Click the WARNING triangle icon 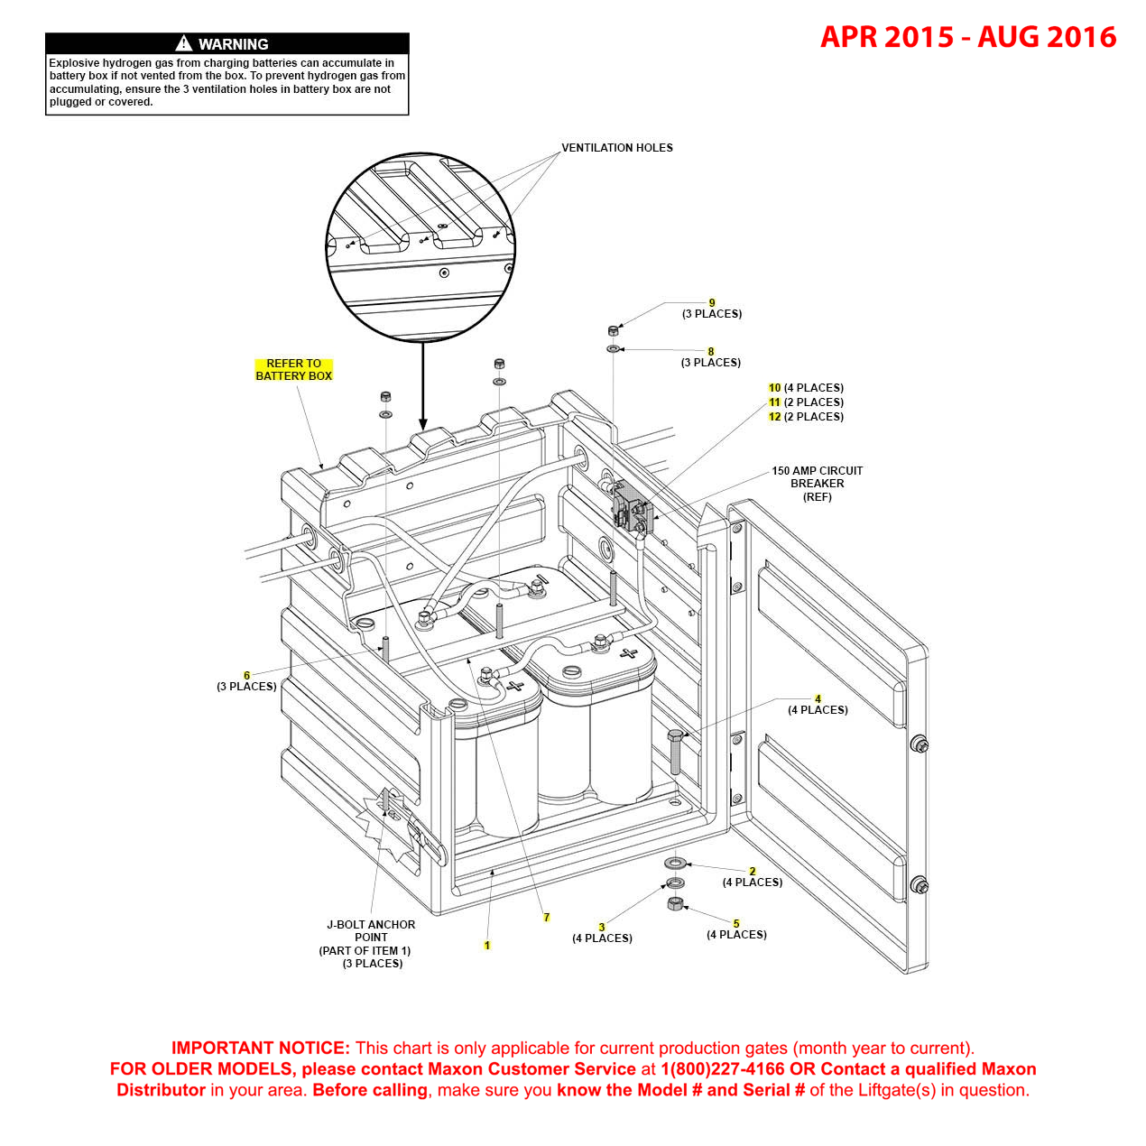click(184, 43)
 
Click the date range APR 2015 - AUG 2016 click(967, 37)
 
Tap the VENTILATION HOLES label click(616, 148)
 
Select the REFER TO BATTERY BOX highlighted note click(293, 370)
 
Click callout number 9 click(712, 303)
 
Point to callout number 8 click(711, 352)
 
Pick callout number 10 click(774, 388)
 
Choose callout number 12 click(774, 417)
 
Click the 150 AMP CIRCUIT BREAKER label click(817, 484)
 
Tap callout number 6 click(246, 675)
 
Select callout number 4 click(818, 698)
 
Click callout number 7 click(546, 918)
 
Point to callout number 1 click(487, 946)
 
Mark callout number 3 click(602, 928)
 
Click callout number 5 click(736, 924)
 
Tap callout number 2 click(753, 872)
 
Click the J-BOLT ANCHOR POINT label click(370, 931)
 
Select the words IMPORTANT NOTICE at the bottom click(260, 1049)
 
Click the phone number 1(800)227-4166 click(722, 1069)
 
